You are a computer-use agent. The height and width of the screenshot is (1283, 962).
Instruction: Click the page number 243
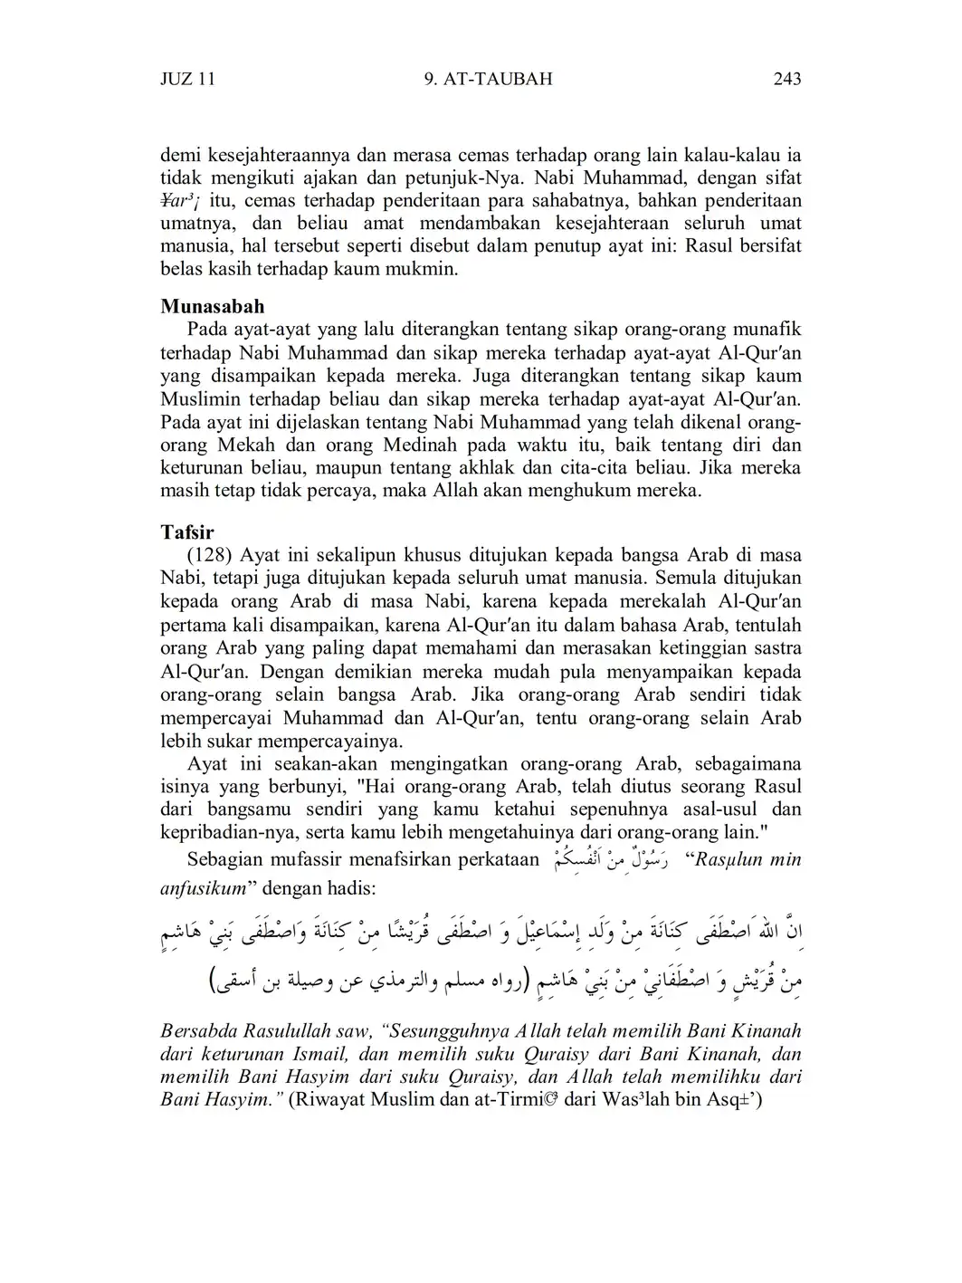point(787,79)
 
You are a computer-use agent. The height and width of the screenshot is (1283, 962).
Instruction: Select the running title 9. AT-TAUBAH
point(488,79)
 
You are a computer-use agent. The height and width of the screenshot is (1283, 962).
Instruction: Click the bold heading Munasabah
point(213,306)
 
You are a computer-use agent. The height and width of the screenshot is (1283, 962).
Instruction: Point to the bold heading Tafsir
point(187,531)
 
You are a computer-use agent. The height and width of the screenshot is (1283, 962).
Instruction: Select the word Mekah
point(244,445)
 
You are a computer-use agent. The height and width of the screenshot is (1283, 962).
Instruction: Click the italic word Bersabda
point(195,1031)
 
